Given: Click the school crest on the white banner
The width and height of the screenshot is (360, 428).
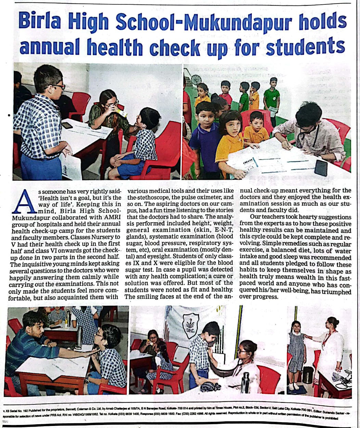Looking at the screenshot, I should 189,323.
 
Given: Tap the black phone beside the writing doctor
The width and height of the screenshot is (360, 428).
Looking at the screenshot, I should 321,168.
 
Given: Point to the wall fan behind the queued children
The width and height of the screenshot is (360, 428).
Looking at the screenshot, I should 196,80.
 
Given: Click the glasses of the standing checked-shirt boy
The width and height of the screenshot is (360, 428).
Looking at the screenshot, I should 59,87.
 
